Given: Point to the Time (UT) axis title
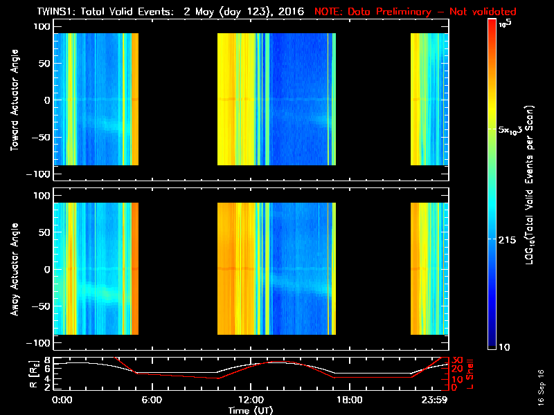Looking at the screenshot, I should click(x=250, y=409).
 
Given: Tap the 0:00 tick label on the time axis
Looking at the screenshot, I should click(x=62, y=399).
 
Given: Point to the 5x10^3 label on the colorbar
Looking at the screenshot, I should click(x=514, y=129).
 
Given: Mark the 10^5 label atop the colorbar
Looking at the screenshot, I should click(x=507, y=24).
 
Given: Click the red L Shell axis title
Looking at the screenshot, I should click(x=472, y=374).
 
